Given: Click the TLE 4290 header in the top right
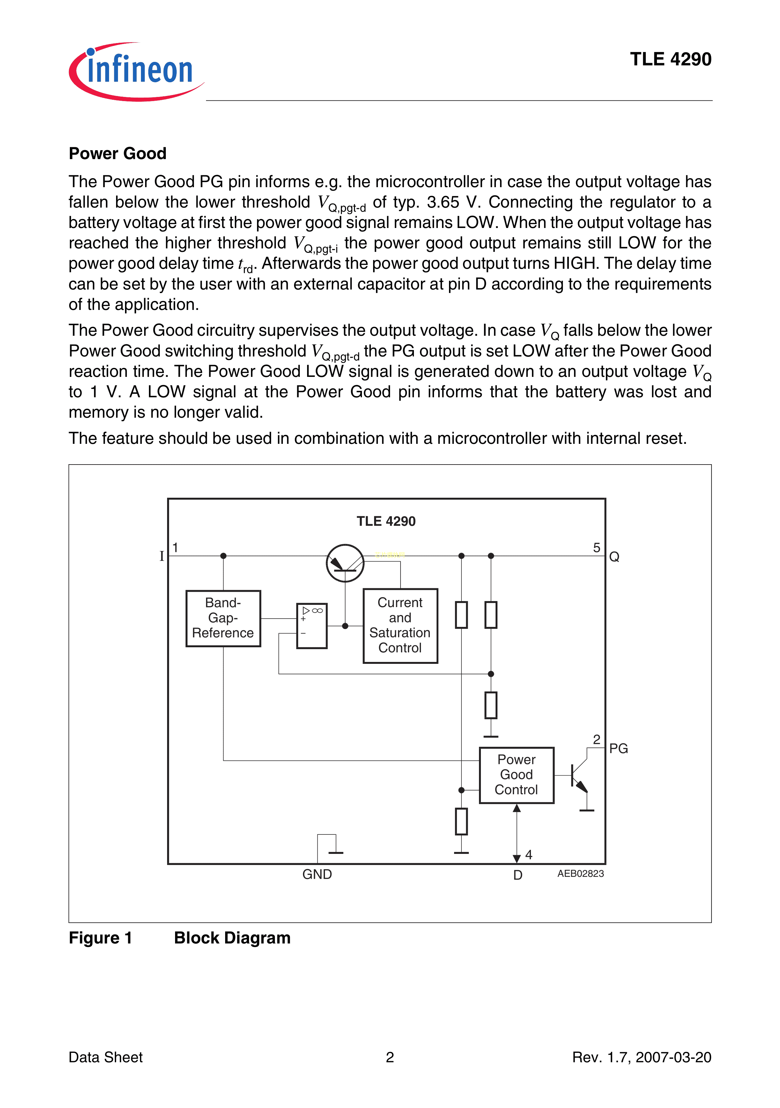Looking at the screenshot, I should click(x=670, y=59).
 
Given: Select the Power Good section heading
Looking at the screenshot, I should click(x=117, y=153).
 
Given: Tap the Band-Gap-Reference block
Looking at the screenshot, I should click(x=223, y=618).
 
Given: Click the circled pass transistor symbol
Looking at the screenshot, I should click(x=345, y=563).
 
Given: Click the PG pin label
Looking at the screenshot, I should click(x=618, y=748).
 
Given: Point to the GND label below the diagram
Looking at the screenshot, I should click(x=317, y=874).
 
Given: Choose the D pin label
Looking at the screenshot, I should click(x=518, y=875).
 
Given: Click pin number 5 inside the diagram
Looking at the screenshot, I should click(x=597, y=548).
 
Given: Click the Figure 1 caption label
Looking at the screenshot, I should click(x=100, y=938).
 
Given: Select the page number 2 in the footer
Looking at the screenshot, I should click(x=390, y=1057).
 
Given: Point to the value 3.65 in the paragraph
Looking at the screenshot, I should click(x=443, y=202).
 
